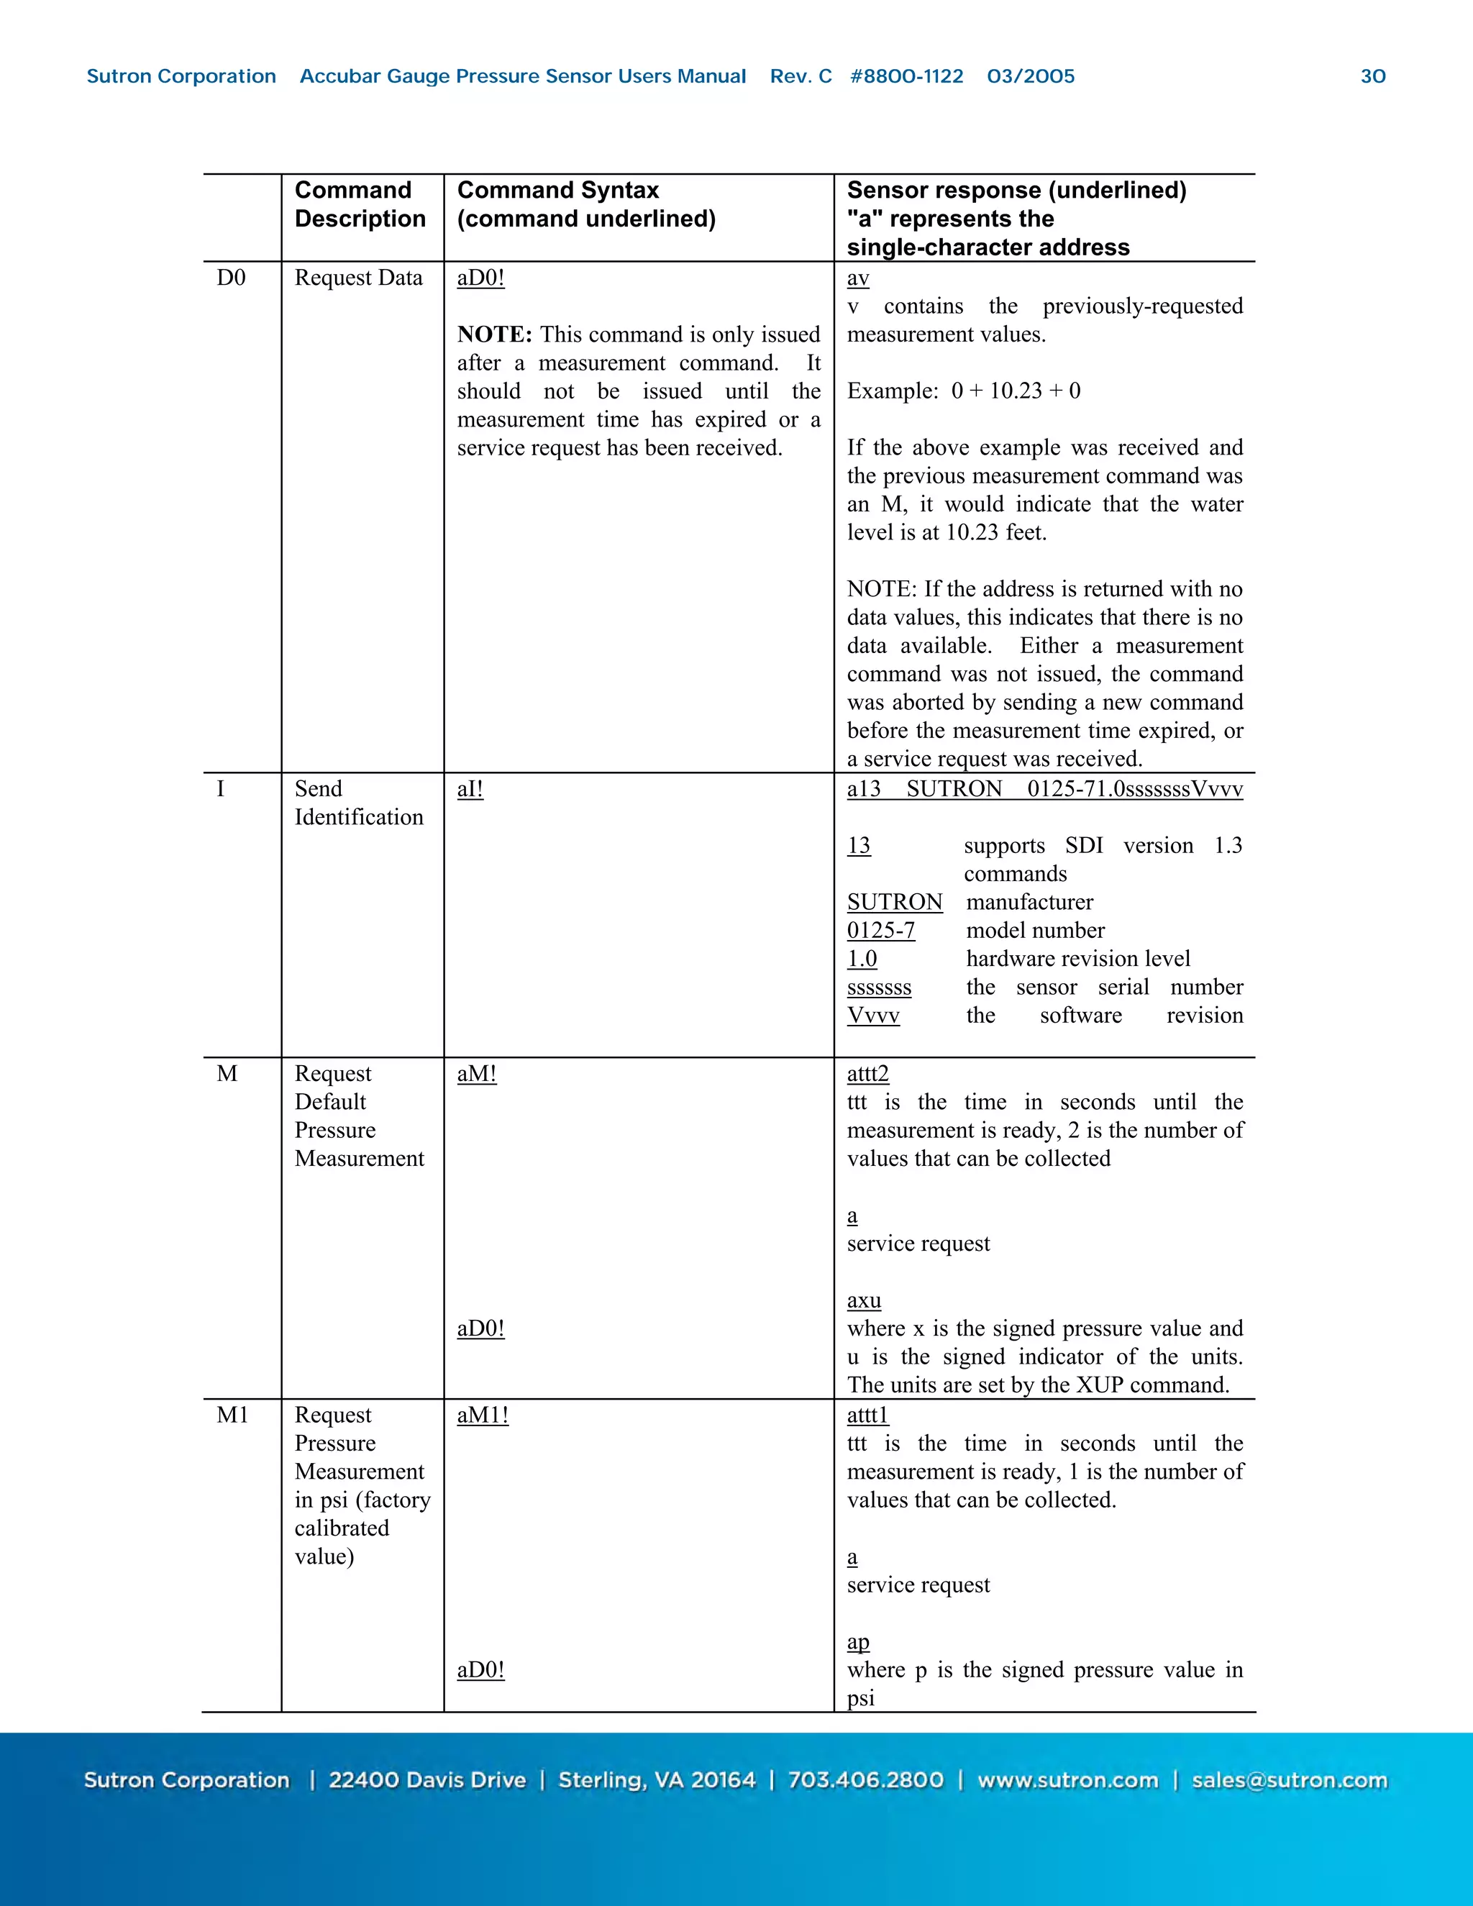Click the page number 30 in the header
tap(1372, 77)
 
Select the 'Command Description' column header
tap(360, 204)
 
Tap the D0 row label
tap(232, 278)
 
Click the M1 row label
tap(232, 1415)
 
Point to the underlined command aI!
tap(470, 789)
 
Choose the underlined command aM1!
tap(483, 1415)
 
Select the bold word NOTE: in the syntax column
tap(494, 335)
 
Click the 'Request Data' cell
tap(357, 278)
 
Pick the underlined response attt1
tap(867, 1415)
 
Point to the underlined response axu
tap(864, 1300)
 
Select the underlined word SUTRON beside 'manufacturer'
tap(895, 903)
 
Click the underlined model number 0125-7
tap(880, 930)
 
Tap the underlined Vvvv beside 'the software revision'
tap(872, 1016)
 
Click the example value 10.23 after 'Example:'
tap(1015, 391)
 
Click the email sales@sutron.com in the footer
tap(1289, 1780)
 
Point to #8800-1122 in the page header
tap(907, 77)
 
